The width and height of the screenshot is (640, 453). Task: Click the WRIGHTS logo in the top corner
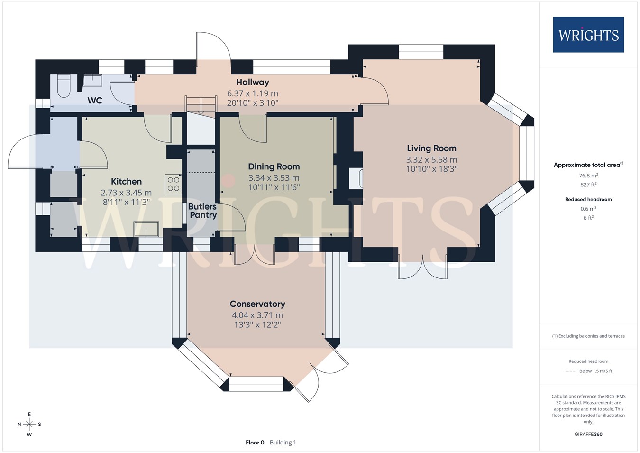pyautogui.click(x=588, y=35)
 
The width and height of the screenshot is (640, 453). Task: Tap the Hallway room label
pyautogui.click(x=253, y=83)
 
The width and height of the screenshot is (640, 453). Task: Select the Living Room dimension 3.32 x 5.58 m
pyautogui.click(x=431, y=159)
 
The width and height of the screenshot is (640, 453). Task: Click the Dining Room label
pyautogui.click(x=274, y=166)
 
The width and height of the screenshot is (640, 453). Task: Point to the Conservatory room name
pyautogui.click(x=257, y=304)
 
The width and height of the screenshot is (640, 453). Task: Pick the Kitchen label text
pyautogui.click(x=126, y=181)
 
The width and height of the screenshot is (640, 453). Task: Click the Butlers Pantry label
pyautogui.click(x=202, y=211)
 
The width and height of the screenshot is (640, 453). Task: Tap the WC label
pyautogui.click(x=95, y=100)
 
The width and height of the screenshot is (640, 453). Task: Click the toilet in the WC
pyautogui.click(x=63, y=86)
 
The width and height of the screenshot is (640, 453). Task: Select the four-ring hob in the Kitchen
pyautogui.click(x=173, y=184)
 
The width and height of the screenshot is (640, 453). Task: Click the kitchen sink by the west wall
pyautogui.click(x=146, y=229)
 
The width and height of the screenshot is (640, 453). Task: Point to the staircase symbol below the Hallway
pyautogui.click(x=201, y=105)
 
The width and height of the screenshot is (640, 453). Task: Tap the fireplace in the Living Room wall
pyautogui.click(x=356, y=178)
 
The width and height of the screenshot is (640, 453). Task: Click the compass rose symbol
pyautogui.click(x=29, y=424)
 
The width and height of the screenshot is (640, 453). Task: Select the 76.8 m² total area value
pyautogui.click(x=588, y=175)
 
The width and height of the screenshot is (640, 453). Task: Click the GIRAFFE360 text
pyautogui.click(x=588, y=434)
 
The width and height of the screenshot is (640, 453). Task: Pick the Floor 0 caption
pyautogui.click(x=255, y=443)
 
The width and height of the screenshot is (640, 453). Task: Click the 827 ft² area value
pyautogui.click(x=588, y=185)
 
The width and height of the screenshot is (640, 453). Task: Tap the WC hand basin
pyautogui.click(x=92, y=80)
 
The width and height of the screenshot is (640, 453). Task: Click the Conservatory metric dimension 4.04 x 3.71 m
pyautogui.click(x=257, y=315)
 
